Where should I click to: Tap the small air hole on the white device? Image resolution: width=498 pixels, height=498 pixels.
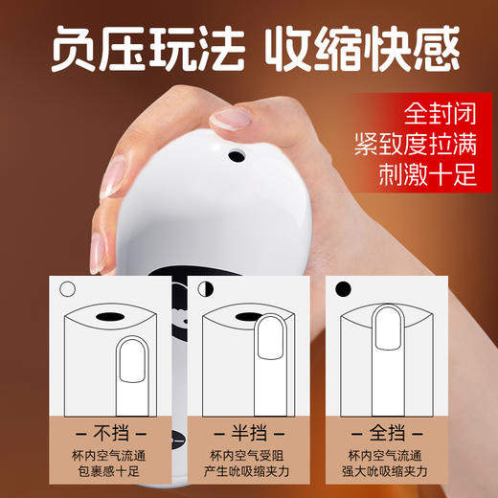pyautogui.click(x=234, y=152)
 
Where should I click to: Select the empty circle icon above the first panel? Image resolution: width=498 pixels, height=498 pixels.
pyautogui.click(x=67, y=287)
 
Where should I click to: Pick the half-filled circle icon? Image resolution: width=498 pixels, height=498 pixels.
pyautogui.click(x=205, y=287)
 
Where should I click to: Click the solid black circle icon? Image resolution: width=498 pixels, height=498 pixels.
pyautogui.click(x=343, y=287)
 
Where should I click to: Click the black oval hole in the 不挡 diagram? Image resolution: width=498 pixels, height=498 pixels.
pyautogui.click(x=109, y=317)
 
